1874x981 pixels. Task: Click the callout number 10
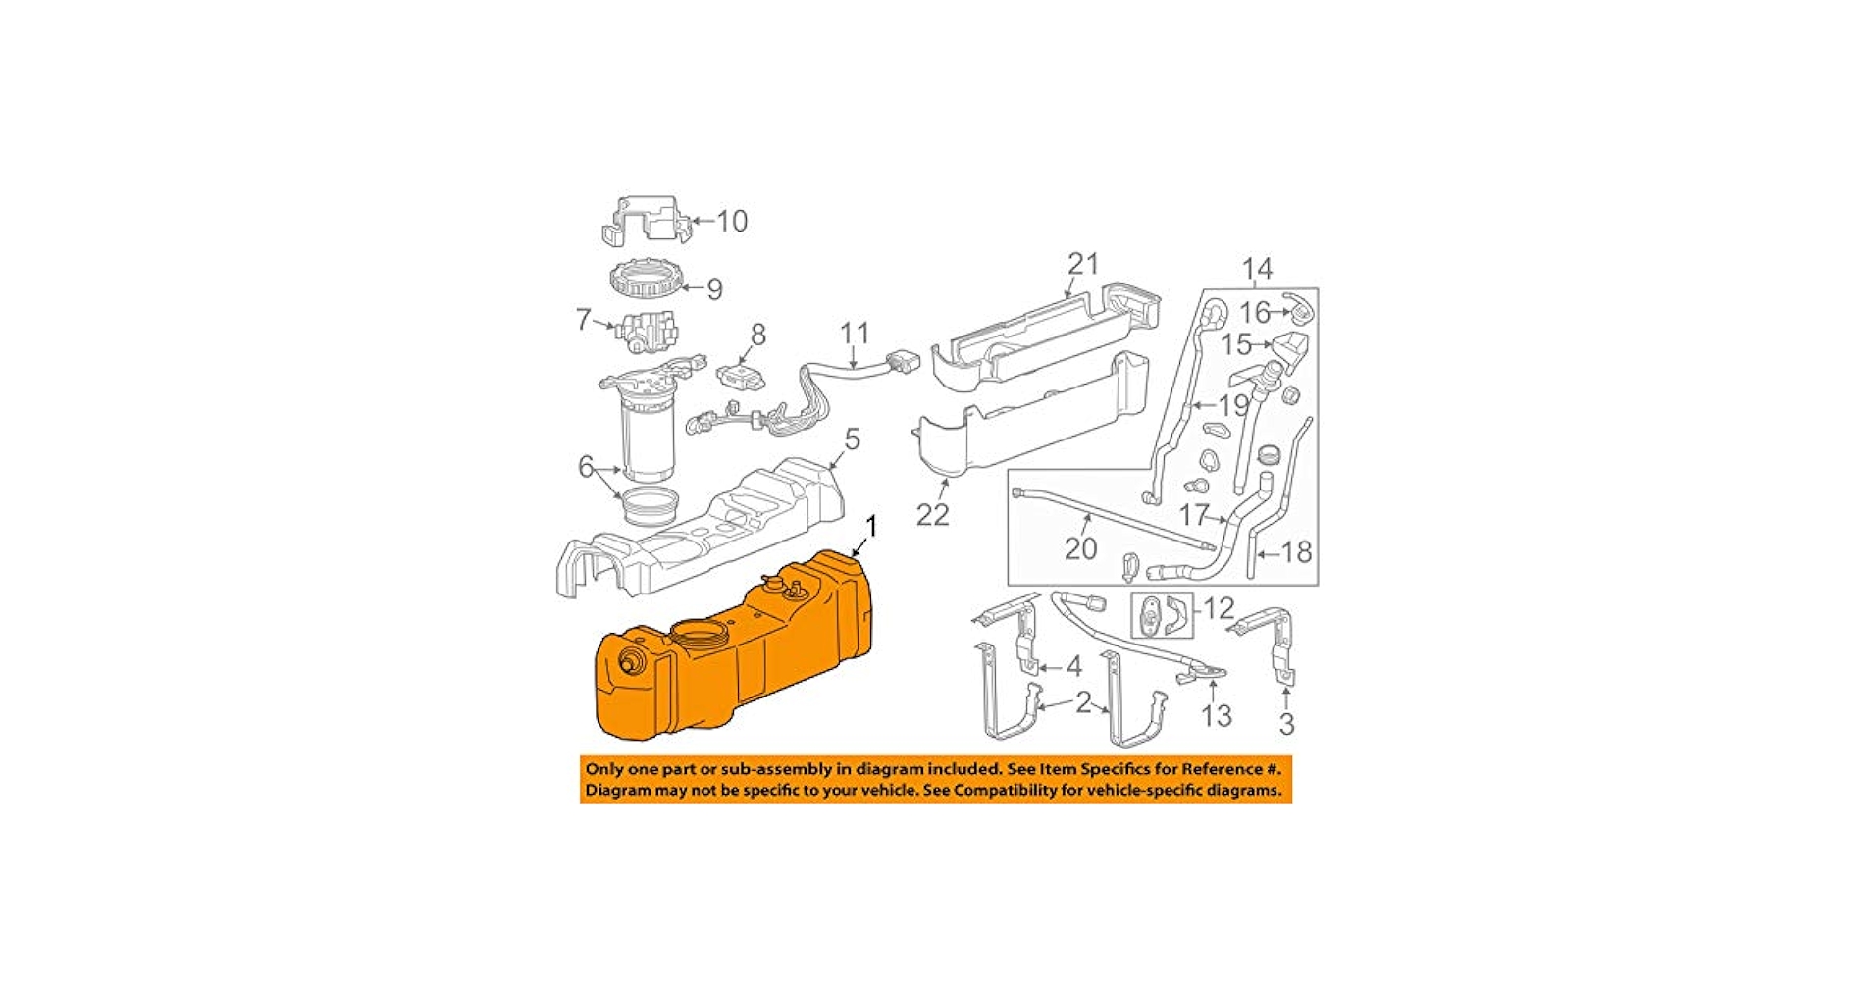click(732, 221)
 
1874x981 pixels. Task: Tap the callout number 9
click(714, 288)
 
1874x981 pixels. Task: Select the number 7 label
click(584, 319)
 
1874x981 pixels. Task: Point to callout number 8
click(757, 335)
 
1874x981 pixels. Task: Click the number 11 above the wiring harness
click(855, 334)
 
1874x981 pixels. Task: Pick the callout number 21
click(1083, 264)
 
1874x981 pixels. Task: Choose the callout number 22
click(932, 514)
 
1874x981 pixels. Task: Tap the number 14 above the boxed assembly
click(1257, 269)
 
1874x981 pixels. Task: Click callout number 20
click(1080, 547)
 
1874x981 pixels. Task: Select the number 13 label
click(1216, 715)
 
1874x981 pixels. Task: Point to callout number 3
click(1286, 724)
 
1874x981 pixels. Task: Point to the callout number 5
click(852, 439)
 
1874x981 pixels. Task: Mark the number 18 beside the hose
click(1296, 552)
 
